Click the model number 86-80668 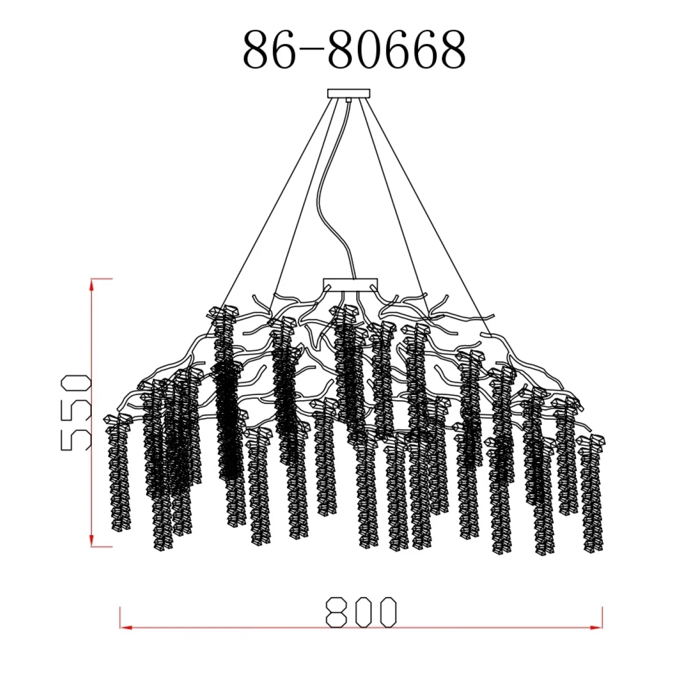pyautogui.click(x=354, y=49)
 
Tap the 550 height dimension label pyautogui.click(x=76, y=413)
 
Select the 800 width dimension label pyautogui.click(x=361, y=612)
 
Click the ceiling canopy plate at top pyautogui.click(x=349, y=93)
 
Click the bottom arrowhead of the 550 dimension pyautogui.click(x=92, y=540)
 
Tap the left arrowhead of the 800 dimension pyautogui.click(x=126, y=627)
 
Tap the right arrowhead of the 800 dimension pyautogui.click(x=596, y=627)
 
